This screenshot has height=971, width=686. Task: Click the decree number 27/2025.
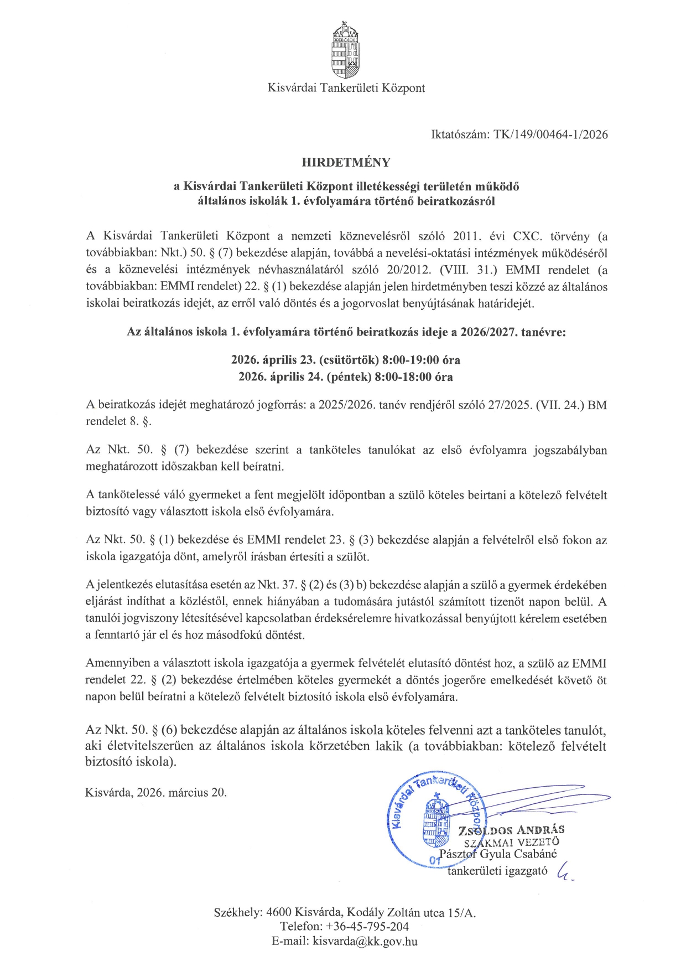(509, 405)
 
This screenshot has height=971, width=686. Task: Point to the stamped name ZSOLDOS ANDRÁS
(511, 830)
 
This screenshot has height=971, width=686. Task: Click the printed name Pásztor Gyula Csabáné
(498, 854)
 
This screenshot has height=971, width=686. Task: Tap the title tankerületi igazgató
(497, 871)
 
